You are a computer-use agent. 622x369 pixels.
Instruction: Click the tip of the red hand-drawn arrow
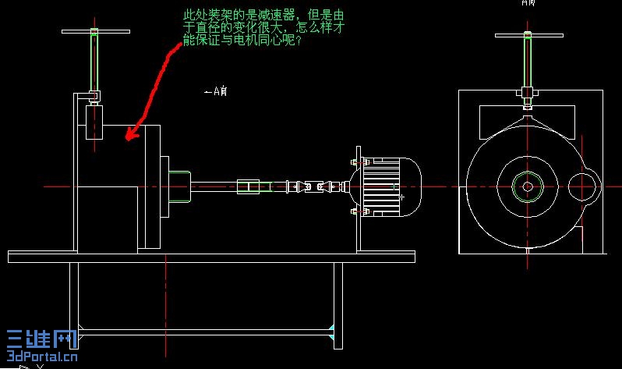tap(128, 139)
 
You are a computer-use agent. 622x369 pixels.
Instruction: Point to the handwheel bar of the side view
tap(94, 32)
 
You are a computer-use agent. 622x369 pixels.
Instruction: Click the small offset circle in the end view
tap(582, 186)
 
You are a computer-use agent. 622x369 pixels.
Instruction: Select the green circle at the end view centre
tap(528, 186)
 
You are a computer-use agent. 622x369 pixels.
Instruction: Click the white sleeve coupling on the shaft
tap(247, 186)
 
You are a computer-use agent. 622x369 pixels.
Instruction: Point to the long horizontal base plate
tap(210, 257)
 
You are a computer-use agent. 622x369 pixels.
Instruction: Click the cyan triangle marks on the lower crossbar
tap(332, 332)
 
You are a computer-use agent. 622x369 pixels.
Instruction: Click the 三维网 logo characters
tap(41, 337)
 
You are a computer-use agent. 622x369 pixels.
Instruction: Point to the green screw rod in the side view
tap(94, 62)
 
